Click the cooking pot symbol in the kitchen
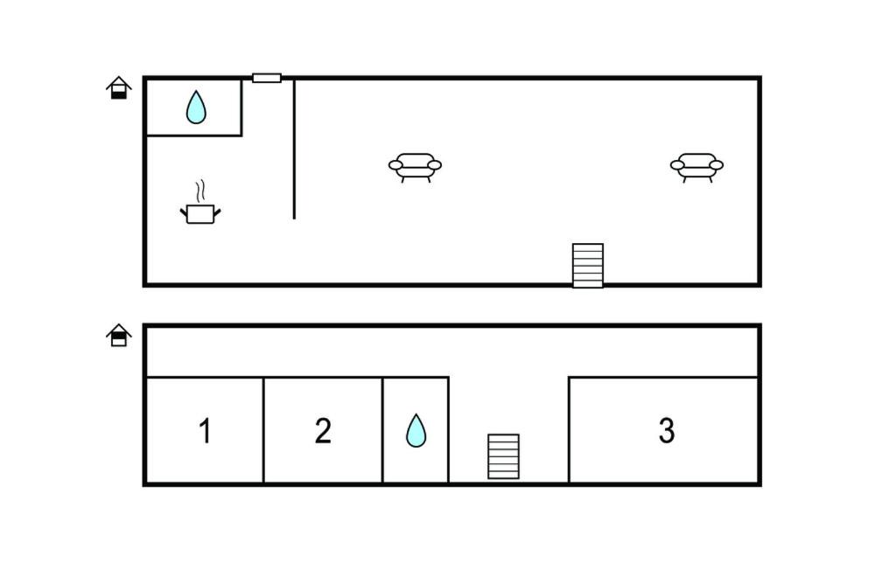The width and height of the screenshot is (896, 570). click(200, 213)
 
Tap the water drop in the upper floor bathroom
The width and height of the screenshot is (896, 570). click(197, 108)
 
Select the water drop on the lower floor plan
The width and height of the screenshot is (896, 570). click(416, 430)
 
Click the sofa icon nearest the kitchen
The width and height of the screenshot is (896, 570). click(415, 166)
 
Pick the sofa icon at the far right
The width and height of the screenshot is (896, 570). click(696, 166)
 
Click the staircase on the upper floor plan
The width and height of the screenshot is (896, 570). click(588, 265)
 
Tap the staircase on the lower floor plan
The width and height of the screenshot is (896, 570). click(503, 456)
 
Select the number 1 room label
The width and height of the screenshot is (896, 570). click(205, 431)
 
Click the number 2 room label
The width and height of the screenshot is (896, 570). click(323, 431)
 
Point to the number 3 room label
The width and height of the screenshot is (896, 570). click(667, 430)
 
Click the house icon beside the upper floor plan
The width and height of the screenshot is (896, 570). click(119, 87)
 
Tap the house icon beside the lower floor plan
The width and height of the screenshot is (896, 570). click(119, 335)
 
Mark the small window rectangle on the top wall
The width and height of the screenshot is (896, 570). click(267, 78)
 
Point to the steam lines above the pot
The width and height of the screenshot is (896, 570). click(201, 191)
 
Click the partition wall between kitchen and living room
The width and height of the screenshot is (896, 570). click(294, 149)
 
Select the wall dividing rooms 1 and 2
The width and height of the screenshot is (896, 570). click(263, 430)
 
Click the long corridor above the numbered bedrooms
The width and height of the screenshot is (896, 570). click(451, 351)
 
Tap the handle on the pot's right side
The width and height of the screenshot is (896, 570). click(217, 211)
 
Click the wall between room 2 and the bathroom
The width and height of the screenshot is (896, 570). click(382, 430)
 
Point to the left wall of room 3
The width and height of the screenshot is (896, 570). click(569, 430)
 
